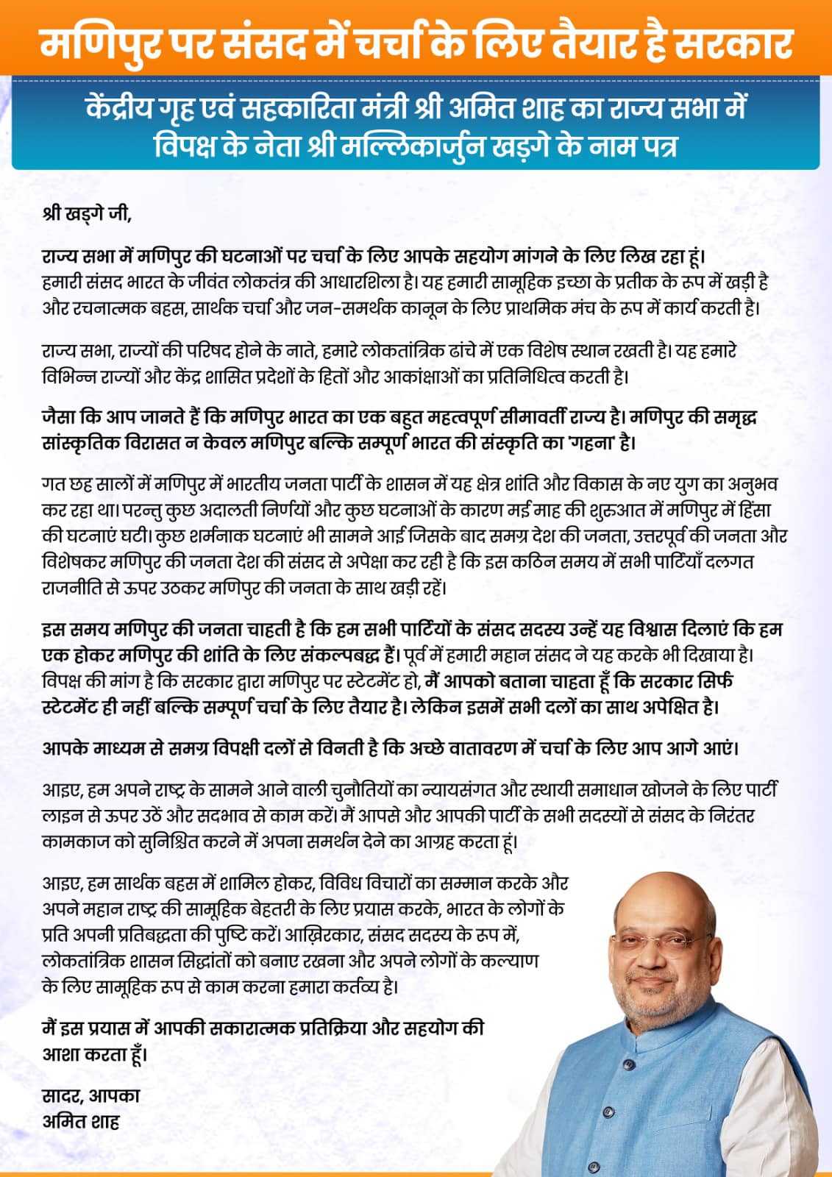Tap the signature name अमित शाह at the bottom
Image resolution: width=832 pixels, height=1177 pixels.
pyautogui.click(x=81, y=1121)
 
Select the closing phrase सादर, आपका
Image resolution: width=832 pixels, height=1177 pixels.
pyautogui.click(x=90, y=1095)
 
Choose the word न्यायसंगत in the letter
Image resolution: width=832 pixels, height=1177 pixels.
pyautogui.click(x=455, y=791)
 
